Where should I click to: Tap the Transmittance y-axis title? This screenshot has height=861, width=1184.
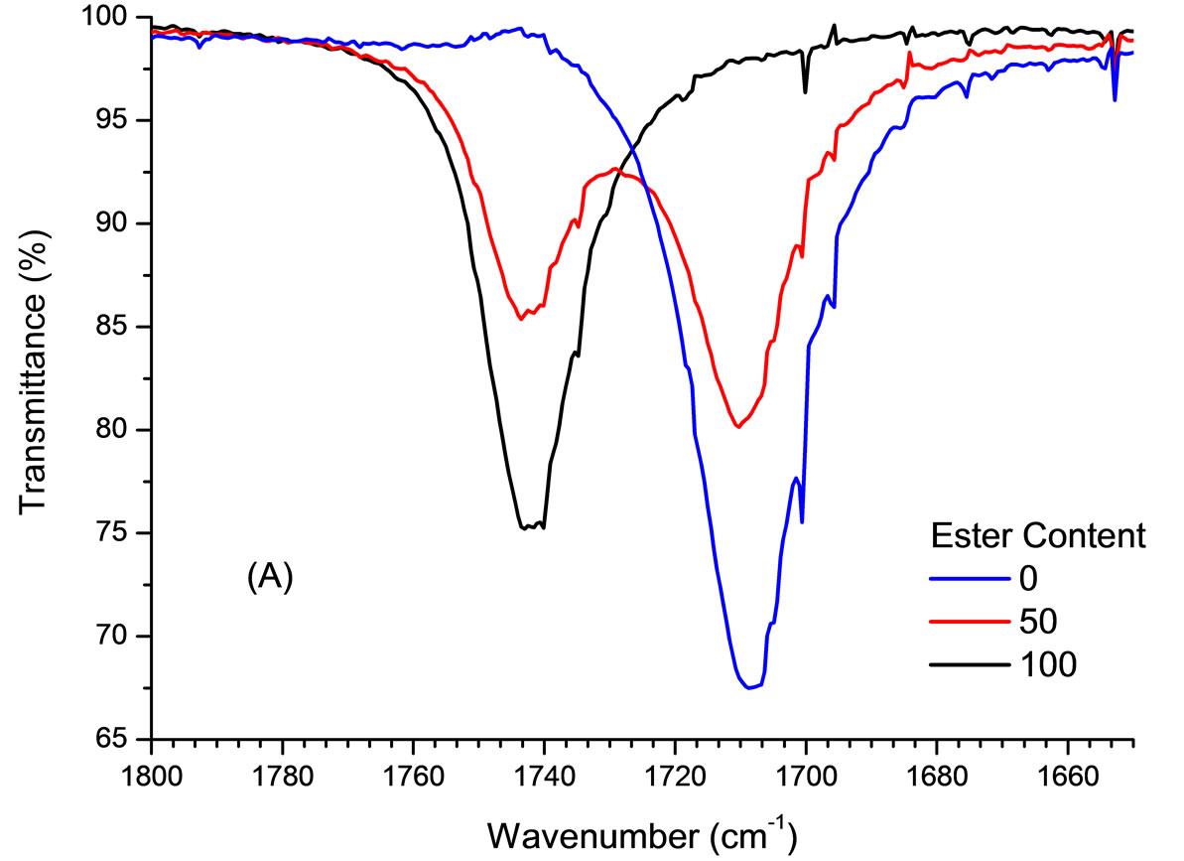[33, 379]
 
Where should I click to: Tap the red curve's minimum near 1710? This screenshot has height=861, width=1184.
[738, 427]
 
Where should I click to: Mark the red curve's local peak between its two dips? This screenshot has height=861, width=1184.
[615, 169]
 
